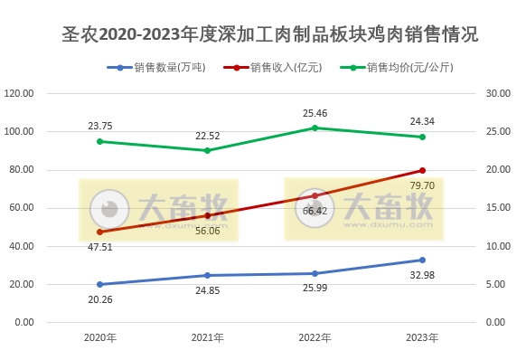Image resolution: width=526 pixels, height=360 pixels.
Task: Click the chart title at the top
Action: tap(263, 35)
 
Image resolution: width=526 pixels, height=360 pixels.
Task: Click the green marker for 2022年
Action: tap(315, 128)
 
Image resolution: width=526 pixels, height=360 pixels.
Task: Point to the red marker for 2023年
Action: tap(422, 170)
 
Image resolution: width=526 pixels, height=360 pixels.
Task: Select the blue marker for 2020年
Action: tap(99, 284)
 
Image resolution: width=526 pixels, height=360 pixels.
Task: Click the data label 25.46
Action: tap(315, 114)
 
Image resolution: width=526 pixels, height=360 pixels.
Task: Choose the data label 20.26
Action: tap(100, 300)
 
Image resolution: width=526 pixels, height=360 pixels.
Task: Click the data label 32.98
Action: tap(422, 276)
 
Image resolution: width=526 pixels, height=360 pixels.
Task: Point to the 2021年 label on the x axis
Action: tap(207, 338)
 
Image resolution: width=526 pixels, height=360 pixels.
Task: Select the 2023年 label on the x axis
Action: tap(422, 338)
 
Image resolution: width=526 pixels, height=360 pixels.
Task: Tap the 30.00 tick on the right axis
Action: tap(498, 93)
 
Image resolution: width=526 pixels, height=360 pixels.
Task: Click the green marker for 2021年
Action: tap(207, 150)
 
